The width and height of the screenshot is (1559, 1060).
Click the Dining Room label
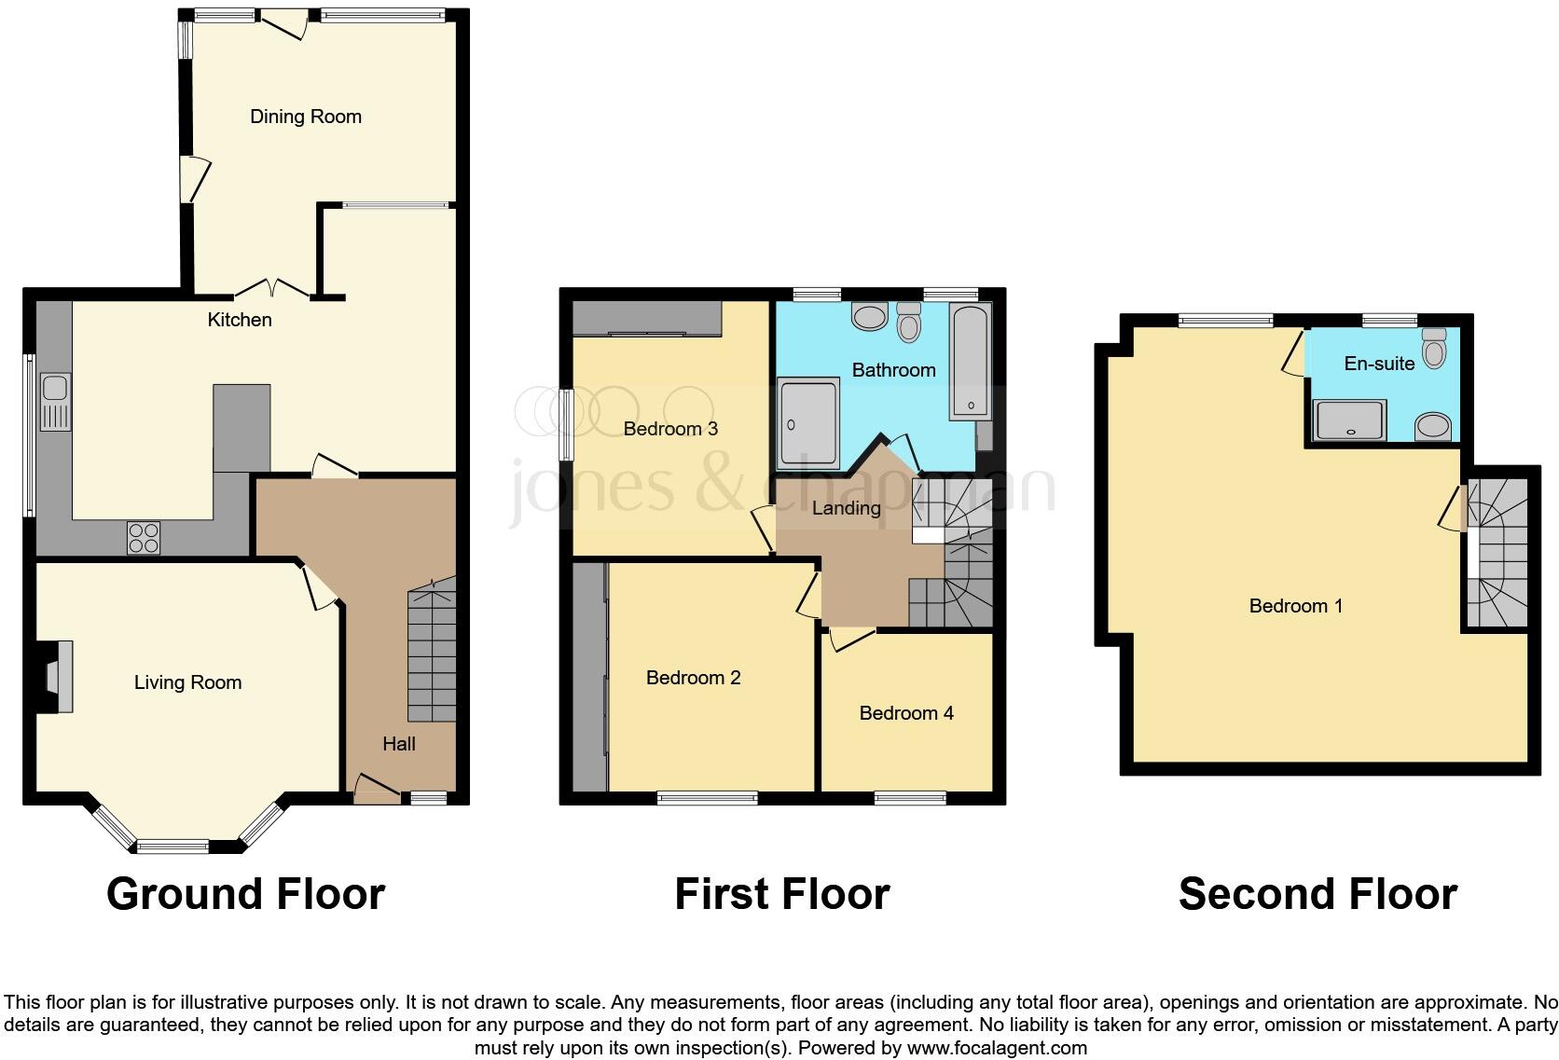click(305, 117)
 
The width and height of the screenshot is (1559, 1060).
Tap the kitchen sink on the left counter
click(55, 402)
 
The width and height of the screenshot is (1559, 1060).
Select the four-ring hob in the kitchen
click(144, 538)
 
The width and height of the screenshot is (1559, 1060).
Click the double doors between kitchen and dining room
click(270, 288)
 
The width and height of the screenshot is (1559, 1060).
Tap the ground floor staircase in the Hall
click(432, 653)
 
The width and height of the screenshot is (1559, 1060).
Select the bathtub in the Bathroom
click(971, 362)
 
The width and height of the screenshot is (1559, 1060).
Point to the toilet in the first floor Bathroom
click(908, 322)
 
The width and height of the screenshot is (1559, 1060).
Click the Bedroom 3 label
click(670, 429)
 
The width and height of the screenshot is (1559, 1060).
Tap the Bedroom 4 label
click(905, 713)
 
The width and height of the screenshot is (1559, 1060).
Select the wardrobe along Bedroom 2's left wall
click(589, 679)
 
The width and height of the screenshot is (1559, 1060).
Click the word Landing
click(846, 508)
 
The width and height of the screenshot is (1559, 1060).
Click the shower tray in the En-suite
click(1349, 420)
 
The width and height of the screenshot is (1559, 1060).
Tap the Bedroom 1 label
click(1295, 606)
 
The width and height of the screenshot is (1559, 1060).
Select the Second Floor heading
click(1317, 893)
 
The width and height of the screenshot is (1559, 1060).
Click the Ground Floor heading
click(245, 893)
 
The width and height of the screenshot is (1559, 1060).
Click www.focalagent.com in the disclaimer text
click(996, 1048)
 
